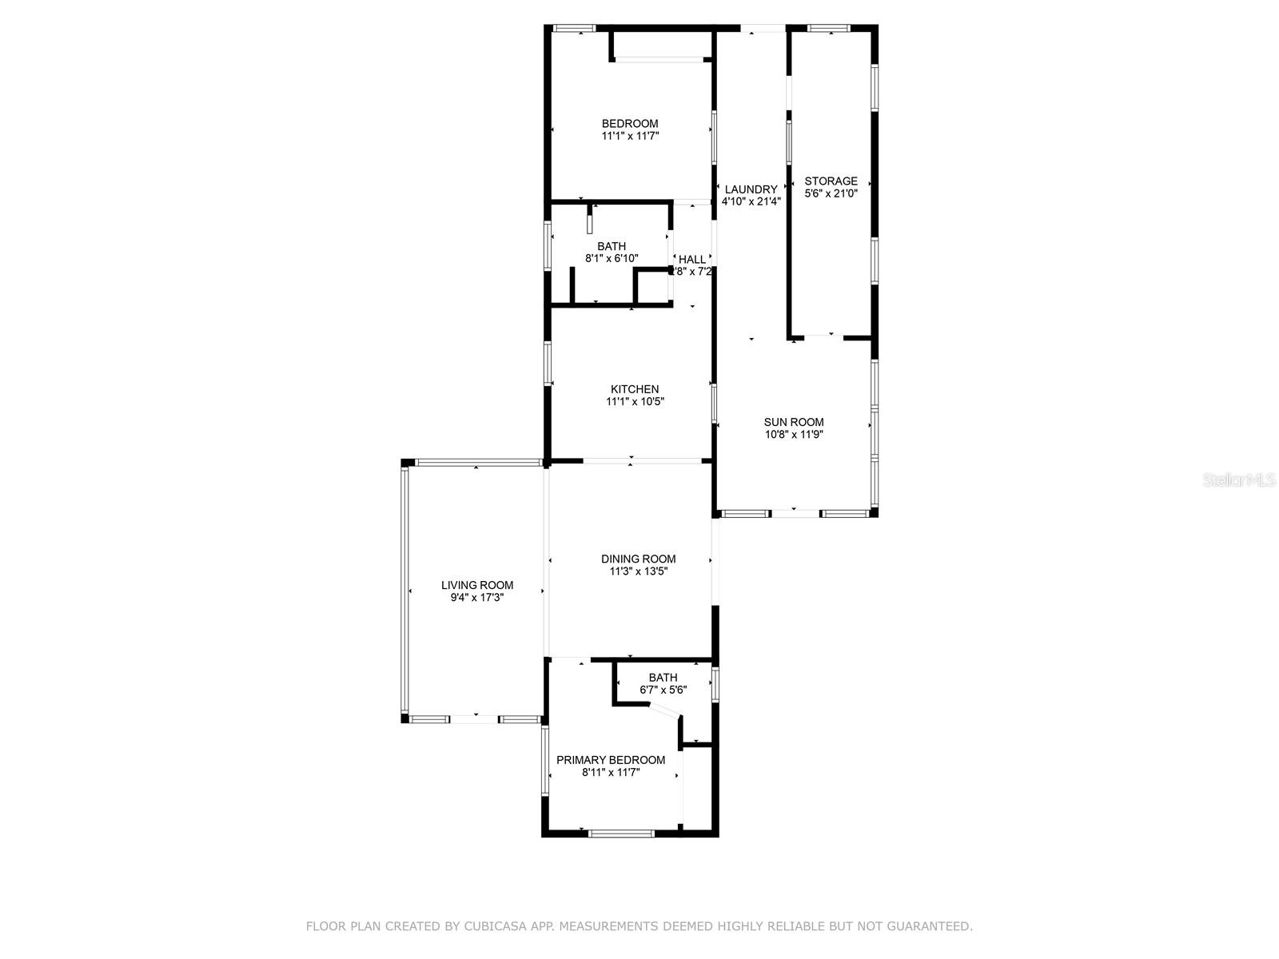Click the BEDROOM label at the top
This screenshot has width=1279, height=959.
coord(630,123)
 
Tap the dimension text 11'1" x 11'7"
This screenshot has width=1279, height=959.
coord(630,136)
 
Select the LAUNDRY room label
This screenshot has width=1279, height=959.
coord(751,189)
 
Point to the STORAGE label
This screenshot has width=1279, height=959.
coord(831,181)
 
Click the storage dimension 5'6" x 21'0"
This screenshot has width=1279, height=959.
coord(831,193)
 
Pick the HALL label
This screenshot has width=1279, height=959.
coord(692,259)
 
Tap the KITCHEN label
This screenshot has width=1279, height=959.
coord(635,389)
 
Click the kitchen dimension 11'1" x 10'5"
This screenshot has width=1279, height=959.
coord(635,402)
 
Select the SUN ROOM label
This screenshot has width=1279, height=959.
coord(793,422)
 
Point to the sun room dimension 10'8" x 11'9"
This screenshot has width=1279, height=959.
coord(793,435)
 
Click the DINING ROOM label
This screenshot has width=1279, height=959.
coord(638,559)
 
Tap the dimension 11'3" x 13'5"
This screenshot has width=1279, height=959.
coord(638,571)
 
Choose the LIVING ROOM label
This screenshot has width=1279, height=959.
coord(477,585)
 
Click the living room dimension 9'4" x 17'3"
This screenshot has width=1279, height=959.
coord(477,598)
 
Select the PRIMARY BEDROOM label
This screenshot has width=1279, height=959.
coord(611,760)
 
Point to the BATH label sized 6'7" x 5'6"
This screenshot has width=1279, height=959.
coord(663,677)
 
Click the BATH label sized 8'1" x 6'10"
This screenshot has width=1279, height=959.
coord(612,246)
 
